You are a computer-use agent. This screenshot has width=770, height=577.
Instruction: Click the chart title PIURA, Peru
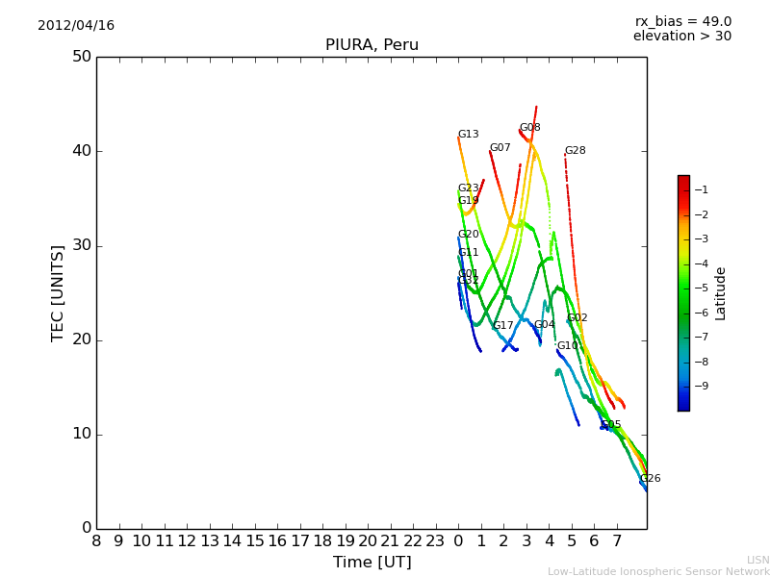click(x=372, y=45)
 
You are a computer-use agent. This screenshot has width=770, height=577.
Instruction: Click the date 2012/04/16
click(x=76, y=25)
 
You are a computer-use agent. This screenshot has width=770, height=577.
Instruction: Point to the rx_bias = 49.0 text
click(x=682, y=21)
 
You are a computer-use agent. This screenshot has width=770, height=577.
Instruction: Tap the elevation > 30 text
click(x=681, y=37)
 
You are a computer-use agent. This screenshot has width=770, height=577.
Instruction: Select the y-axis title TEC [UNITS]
click(x=58, y=292)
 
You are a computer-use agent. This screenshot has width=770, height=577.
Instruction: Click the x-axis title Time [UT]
click(x=372, y=562)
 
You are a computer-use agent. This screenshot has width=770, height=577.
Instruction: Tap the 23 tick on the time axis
click(x=435, y=541)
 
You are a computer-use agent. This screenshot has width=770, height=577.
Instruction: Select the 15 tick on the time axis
click(x=254, y=541)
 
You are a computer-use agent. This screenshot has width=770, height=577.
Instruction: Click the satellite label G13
click(x=468, y=135)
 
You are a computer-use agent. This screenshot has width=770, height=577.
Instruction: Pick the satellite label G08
click(x=529, y=128)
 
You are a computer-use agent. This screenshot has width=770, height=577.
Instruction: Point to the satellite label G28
click(x=575, y=151)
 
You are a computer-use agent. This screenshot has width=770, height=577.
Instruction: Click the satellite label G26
click(x=650, y=479)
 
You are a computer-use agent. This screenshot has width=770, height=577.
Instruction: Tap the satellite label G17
click(x=502, y=326)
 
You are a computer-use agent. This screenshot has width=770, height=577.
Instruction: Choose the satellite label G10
click(x=567, y=346)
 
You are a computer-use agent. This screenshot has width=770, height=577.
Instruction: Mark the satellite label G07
click(x=500, y=148)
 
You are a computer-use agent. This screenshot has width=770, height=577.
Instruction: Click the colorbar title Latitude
click(x=720, y=293)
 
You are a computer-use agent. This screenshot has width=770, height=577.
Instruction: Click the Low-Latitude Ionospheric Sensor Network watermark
click(x=658, y=571)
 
